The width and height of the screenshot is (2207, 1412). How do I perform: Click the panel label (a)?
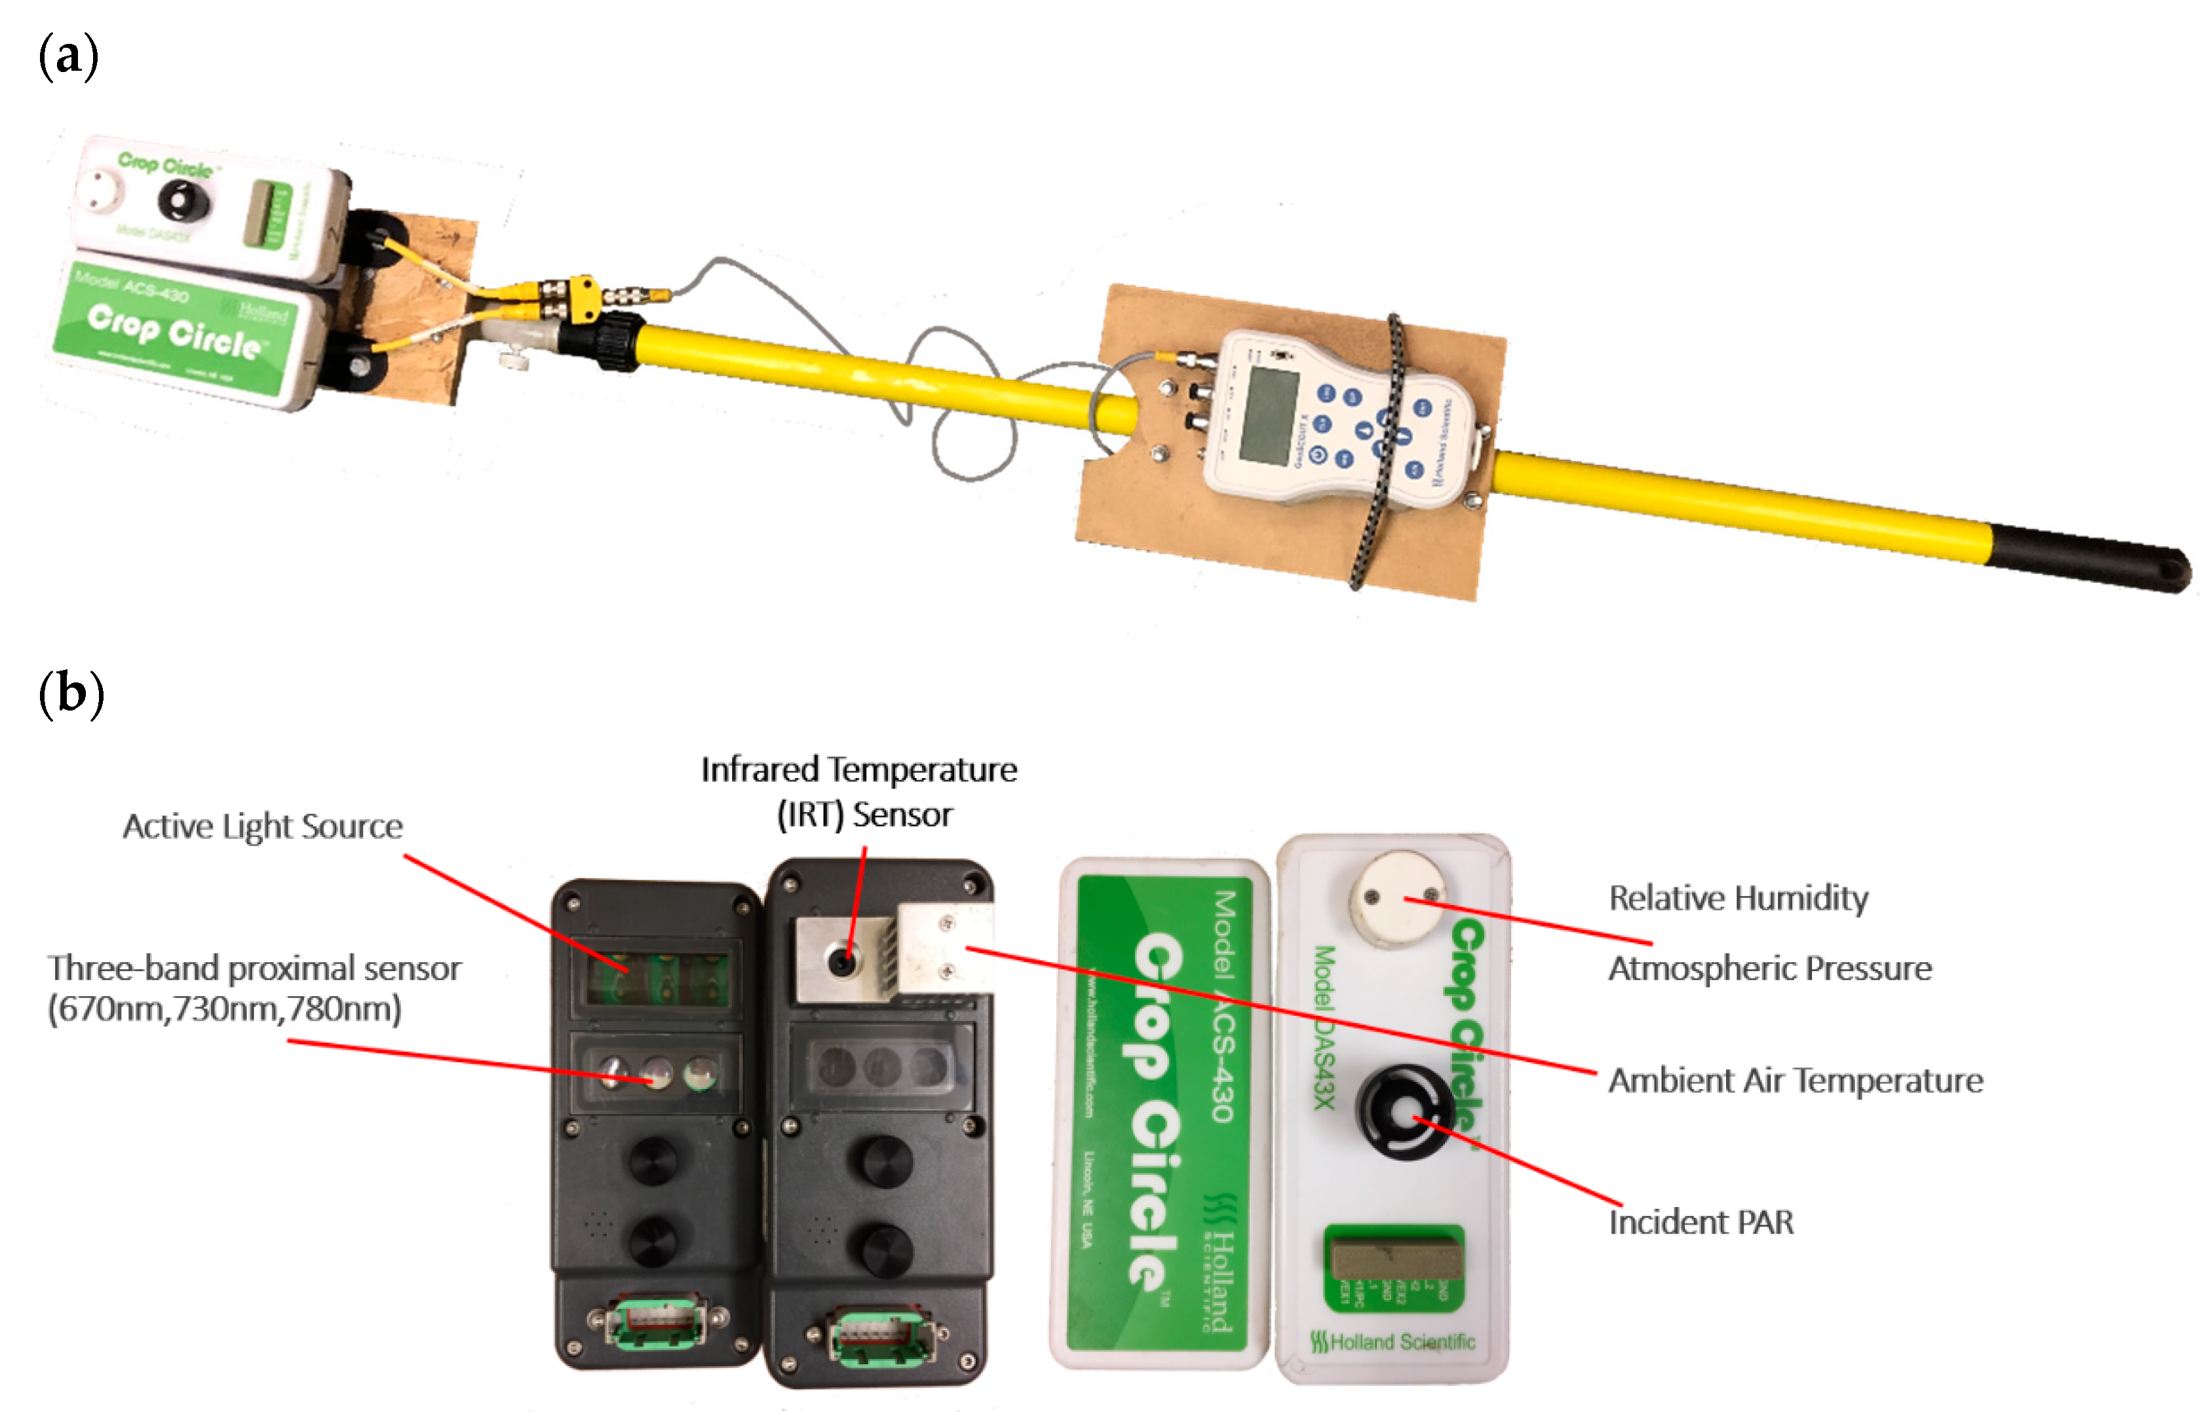[x=68, y=57]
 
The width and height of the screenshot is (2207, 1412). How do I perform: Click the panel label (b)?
[x=71, y=694]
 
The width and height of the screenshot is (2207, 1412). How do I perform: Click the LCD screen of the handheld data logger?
[x=1268, y=415]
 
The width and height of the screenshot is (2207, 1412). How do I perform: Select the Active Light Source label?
[x=262, y=826]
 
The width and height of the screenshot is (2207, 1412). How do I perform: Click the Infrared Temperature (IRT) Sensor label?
[x=860, y=791]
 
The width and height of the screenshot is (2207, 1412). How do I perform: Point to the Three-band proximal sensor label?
[x=254, y=988]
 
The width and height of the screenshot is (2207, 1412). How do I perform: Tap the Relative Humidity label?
[x=1738, y=898]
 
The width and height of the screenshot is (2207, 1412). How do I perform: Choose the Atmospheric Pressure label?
[x=1769, y=968]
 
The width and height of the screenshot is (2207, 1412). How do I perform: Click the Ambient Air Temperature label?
[x=1795, y=1080]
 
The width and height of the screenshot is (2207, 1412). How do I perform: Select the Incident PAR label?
[x=1700, y=1222]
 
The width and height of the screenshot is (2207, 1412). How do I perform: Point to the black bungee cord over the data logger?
[x=1381, y=458]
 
